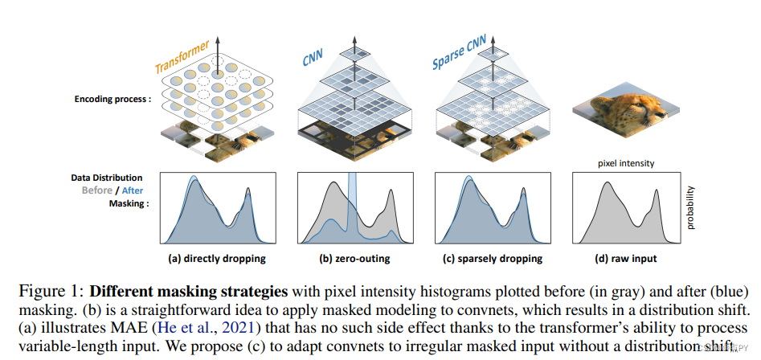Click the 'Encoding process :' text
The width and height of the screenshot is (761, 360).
[113, 100]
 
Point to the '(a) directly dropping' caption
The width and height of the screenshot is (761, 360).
[212, 259]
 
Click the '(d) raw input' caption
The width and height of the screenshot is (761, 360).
[625, 259]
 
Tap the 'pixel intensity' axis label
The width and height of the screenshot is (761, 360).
[626, 163]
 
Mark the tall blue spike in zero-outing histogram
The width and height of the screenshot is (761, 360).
[352, 201]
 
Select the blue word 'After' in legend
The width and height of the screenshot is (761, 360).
[133, 190]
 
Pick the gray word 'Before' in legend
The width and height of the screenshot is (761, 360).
[96, 190]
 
